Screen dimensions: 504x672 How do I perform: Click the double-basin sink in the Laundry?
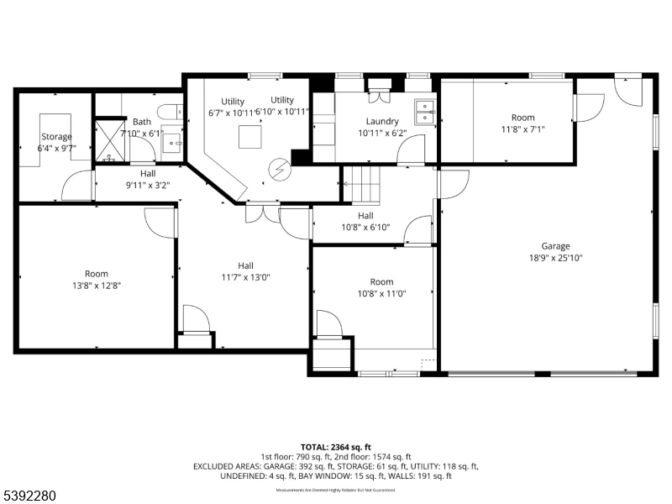point(425,112)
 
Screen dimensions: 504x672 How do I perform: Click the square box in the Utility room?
point(249,135)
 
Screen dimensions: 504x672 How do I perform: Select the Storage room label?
point(57,137)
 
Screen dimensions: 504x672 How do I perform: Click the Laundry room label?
point(382,122)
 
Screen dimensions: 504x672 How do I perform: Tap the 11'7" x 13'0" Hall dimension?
point(245,277)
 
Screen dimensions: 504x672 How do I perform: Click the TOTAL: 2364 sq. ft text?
point(335,446)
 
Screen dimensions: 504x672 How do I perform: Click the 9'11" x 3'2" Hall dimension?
point(148,185)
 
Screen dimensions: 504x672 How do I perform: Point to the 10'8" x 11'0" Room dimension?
point(382,294)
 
